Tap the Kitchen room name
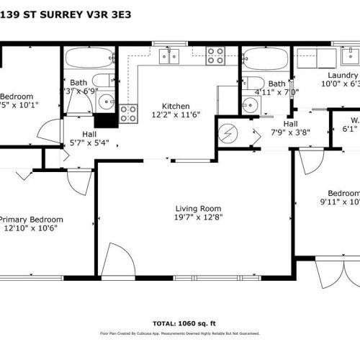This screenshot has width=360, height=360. click(x=176, y=105)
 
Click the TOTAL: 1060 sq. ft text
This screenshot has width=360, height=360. click(x=180, y=323)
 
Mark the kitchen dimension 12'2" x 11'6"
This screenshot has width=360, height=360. click(x=176, y=114)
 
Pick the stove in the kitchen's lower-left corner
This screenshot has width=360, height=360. click(x=128, y=112)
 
